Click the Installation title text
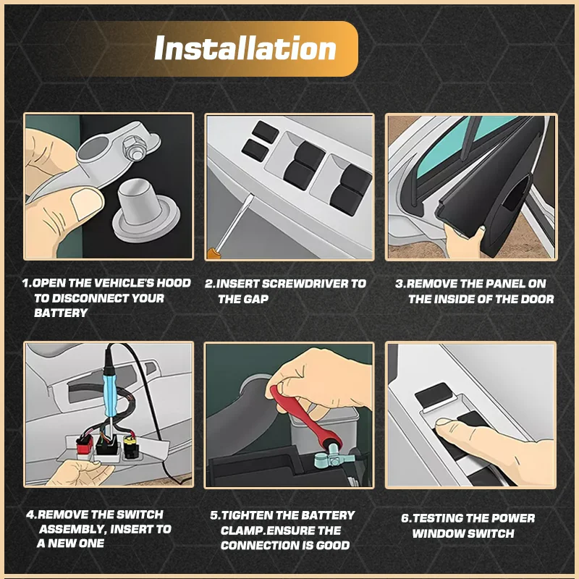pyautogui.click(x=245, y=48)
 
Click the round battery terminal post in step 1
pyautogui.click(x=145, y=210)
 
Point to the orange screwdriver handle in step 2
pyautogui.click(x=213, y=253)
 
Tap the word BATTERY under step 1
pyautogui.click(x=61, y=313)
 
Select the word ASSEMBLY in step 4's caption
pyautogui.click(x=71, y=529)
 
